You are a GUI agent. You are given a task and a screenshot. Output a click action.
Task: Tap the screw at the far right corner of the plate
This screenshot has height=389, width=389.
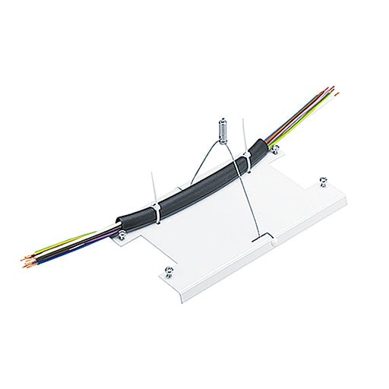[x=323, y=181]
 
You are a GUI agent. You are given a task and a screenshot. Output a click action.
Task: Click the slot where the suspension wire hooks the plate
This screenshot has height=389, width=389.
[x=262, y=239]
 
